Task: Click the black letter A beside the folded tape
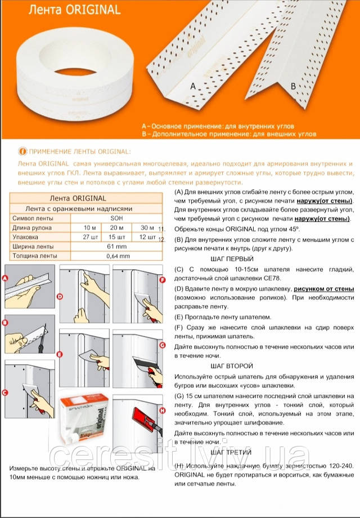tap(193, 87)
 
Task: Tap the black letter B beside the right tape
tap(293, 86)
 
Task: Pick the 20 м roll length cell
tap(118, 227)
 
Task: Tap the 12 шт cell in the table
tap(147, 237)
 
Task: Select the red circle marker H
tap(163, 411)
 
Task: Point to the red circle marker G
tap(163, 345)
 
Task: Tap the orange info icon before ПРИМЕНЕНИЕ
tap(22, 151)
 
